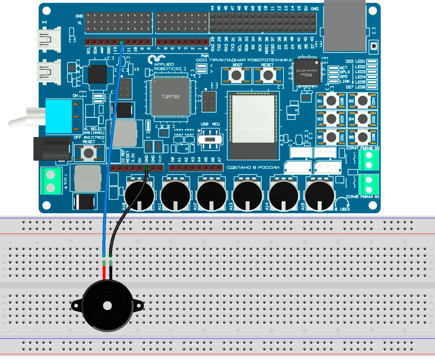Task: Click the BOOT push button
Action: tap(236, 75)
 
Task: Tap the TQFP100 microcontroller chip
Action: tap(170, 97)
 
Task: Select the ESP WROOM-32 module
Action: tap(253, 126)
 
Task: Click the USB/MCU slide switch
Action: tap(209, 138)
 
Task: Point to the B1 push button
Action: tap(331, 101)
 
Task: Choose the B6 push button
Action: tap(362, 137)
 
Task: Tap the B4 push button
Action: tap(362, 119)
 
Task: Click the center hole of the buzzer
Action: tap(107, 306)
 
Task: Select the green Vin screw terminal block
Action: tap(50, 181)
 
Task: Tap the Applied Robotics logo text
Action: tap(166, 66)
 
